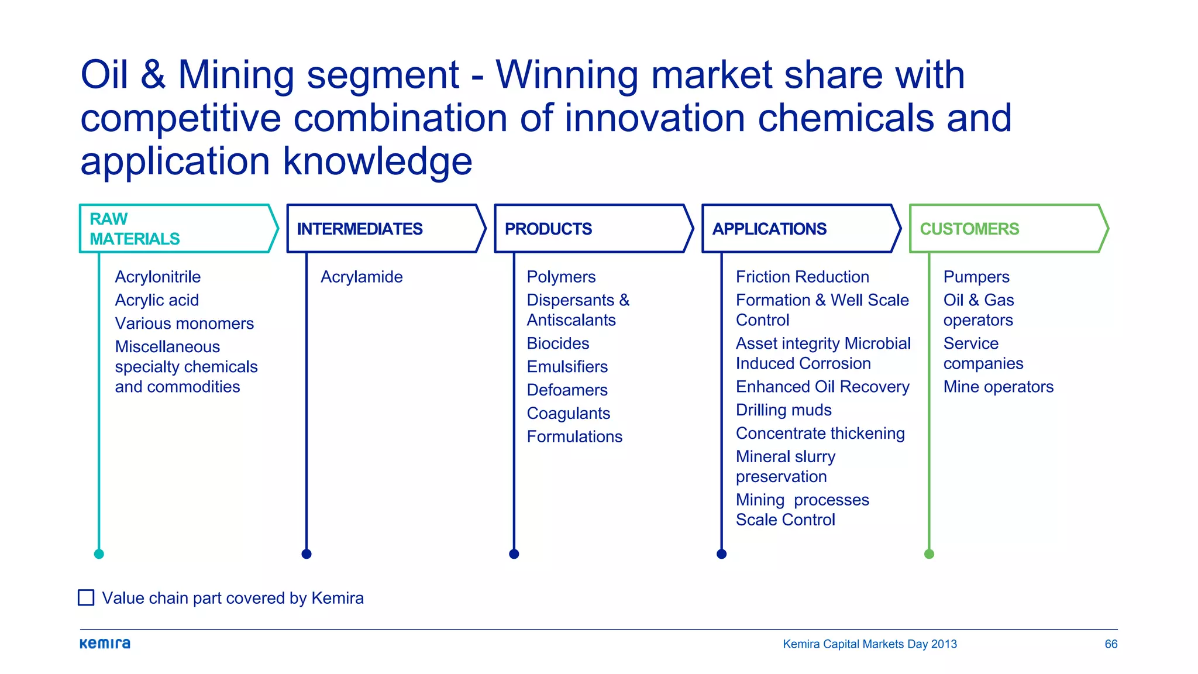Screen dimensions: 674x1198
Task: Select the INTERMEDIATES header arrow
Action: point(386,229)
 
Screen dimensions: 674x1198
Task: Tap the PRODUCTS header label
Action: point(548,229)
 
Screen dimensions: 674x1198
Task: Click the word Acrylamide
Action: point(362,277)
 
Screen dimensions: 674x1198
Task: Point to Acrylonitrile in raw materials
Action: point(158,277)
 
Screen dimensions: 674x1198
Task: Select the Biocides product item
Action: point(558,343)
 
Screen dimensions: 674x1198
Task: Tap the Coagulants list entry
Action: point(569,413)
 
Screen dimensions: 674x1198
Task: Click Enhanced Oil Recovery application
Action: point(822,387)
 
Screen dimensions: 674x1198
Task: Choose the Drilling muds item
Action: point(784,410)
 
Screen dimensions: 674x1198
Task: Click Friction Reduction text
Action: point(803,277)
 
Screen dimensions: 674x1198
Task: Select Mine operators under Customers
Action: point(999,387)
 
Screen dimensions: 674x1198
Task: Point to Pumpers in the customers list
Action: point(976,277)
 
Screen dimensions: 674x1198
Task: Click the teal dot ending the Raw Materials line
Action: point(99,554)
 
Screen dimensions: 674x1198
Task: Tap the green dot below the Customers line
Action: point(929,554)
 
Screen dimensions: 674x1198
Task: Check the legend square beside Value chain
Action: point(86,597)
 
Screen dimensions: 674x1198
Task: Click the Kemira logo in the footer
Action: point(105,644)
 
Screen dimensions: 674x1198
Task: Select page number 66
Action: point(1111,644)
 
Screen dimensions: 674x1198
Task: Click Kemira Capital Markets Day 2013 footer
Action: point(870,644)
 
